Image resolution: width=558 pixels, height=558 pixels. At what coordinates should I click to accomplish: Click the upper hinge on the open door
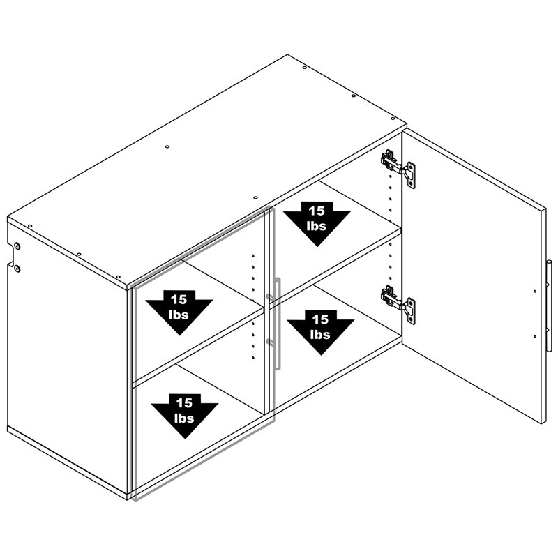(x=398, y=168)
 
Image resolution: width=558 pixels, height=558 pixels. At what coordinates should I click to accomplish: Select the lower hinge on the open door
(x=398, y=305)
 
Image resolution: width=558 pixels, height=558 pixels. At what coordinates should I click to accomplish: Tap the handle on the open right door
(x=549, y=306)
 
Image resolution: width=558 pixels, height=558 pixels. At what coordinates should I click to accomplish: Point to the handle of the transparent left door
(x=275, y=324)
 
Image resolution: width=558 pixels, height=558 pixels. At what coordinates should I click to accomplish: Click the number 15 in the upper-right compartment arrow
(x=317, y=211)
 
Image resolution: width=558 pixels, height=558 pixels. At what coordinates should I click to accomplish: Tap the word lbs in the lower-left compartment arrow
(x=184, y=418)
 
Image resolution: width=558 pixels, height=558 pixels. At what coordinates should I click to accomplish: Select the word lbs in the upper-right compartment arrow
(x=317, y=225)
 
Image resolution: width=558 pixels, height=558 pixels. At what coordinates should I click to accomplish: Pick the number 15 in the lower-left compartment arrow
(x=184, y=403)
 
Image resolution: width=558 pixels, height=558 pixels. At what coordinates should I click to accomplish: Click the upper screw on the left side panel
(x=17, y=246)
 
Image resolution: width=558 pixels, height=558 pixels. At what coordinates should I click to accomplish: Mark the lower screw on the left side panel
(x=17, y=269)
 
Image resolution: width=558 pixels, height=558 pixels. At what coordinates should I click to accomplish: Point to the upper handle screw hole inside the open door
(x=535, y=292)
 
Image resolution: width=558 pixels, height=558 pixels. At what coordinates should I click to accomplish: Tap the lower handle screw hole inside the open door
(x=535, y=336)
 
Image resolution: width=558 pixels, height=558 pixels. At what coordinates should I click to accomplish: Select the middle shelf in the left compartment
(x=198, y=345)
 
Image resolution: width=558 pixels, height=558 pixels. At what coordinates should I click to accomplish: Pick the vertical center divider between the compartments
(x=266, y=313)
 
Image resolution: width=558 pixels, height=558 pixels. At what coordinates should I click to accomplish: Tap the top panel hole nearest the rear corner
(x=304, y=67)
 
